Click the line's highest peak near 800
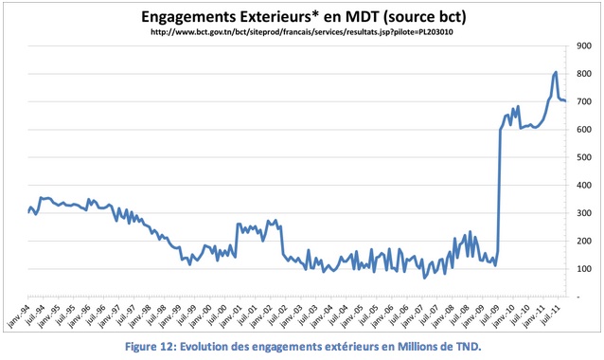pos(555,72)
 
